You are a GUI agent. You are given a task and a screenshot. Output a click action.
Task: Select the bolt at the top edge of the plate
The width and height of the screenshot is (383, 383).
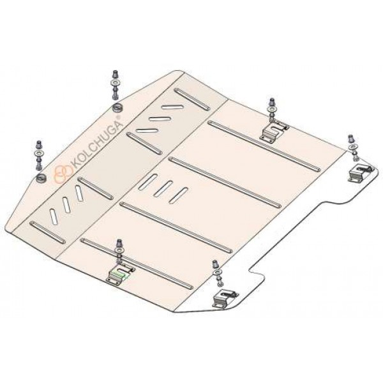click(116, 86)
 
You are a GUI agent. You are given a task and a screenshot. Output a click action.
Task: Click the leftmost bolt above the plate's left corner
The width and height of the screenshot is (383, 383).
click(40, 155)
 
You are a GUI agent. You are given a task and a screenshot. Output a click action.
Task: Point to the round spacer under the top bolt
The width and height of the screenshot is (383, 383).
click(118, 107)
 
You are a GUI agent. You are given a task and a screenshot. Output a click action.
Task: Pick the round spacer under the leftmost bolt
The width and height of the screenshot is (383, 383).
click(41, 178)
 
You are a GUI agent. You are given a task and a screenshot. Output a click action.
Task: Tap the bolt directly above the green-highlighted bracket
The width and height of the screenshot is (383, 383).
click(119, 252)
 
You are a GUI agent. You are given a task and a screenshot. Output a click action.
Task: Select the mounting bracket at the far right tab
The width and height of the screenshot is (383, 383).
click(361, 173)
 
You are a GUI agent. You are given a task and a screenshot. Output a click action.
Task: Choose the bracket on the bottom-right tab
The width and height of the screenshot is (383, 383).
click(225, 298)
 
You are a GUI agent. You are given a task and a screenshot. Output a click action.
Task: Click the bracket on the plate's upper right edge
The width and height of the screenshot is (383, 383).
click(274, 131)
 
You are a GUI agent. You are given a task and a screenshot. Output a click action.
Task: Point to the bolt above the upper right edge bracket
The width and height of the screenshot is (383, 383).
click(272, 109)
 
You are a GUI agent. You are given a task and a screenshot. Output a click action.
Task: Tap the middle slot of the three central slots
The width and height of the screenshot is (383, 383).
click(163, 189)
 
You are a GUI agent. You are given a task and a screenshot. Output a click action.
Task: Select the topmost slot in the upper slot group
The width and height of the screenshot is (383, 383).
click(172, 107)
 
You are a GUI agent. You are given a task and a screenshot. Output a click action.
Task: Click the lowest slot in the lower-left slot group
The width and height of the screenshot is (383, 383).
click(54, 216)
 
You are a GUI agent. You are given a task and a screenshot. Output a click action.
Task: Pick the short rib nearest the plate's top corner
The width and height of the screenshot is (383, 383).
click(191, 99)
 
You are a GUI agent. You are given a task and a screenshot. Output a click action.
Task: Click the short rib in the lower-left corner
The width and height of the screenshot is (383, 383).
click(47, 232)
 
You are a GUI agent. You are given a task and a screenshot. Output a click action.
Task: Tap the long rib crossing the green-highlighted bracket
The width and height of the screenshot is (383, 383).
click(137, 264)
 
